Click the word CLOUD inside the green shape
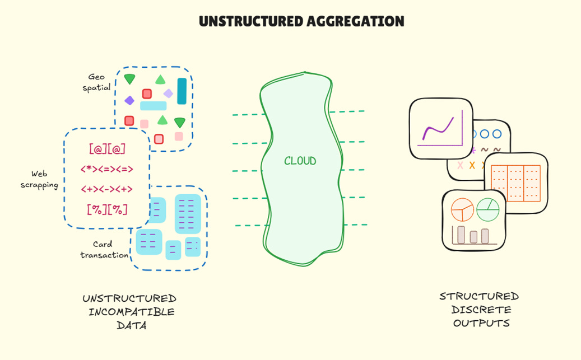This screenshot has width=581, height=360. tap(300, 161)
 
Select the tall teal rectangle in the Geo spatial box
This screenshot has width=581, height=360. tap(182, 91)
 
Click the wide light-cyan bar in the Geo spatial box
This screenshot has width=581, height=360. tap(153, 106)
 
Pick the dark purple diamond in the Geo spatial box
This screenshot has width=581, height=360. tap(129, 100)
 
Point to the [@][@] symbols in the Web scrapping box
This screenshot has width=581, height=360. tap(107, 149)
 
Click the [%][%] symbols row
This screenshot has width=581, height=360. tap(107, 209)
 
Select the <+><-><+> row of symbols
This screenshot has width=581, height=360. tap(107, 189)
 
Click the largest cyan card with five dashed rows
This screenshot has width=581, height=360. tap(188, 213)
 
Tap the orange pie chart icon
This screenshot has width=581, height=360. tap(463, 211)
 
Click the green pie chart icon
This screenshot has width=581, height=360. tap(487, 209)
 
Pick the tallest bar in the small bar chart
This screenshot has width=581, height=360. tap(462, 235)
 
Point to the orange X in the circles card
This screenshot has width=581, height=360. tap(472, 165)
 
